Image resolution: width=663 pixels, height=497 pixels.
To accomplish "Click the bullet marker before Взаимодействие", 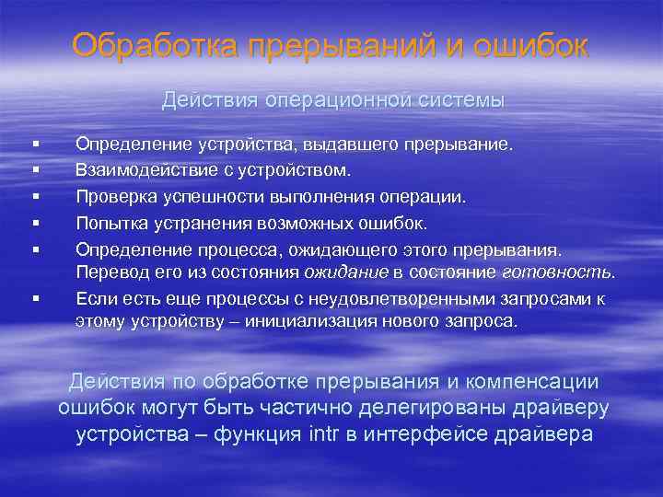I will pyautogui.click(x=34, y=171).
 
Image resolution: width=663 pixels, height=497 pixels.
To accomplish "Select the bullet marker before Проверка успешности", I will pyautogui.click(x=34, y=197).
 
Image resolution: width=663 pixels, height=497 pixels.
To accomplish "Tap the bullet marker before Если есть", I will pyautogui.click(x=34, y=298).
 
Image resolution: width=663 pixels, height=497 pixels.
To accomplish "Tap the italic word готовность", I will pyautogui.click(x=557, y=272).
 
